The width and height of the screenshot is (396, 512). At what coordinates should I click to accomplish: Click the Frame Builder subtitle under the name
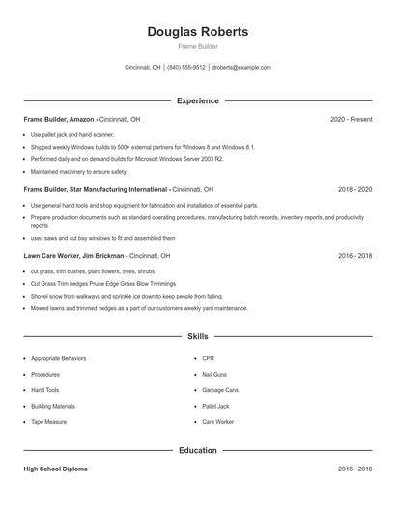198,46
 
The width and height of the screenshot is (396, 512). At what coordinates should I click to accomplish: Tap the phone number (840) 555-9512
186,68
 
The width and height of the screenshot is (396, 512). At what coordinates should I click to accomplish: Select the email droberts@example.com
241,68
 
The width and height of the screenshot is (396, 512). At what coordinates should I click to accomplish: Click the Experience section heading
198,100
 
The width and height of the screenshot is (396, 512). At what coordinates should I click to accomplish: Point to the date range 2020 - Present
351,119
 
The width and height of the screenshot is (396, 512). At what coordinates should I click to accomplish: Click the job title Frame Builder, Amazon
59,119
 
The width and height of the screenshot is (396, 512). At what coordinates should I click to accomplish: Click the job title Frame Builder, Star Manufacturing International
96,190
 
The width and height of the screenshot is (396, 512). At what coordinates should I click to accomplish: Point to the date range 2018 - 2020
354,190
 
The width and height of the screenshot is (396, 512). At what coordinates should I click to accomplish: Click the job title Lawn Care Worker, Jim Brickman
74,256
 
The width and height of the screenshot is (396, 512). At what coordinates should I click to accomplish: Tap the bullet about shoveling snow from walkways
126,297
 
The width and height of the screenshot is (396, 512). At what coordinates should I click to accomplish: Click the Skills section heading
198,336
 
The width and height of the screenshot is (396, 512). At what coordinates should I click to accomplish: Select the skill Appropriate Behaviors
58,358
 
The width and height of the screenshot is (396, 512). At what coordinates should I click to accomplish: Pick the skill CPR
208,358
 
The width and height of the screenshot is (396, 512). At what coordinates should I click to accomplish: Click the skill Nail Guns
214,375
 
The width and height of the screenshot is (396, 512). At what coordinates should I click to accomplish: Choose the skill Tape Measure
49,422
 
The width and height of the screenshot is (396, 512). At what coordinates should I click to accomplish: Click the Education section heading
198,450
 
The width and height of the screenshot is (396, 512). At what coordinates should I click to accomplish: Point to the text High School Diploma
55,469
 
